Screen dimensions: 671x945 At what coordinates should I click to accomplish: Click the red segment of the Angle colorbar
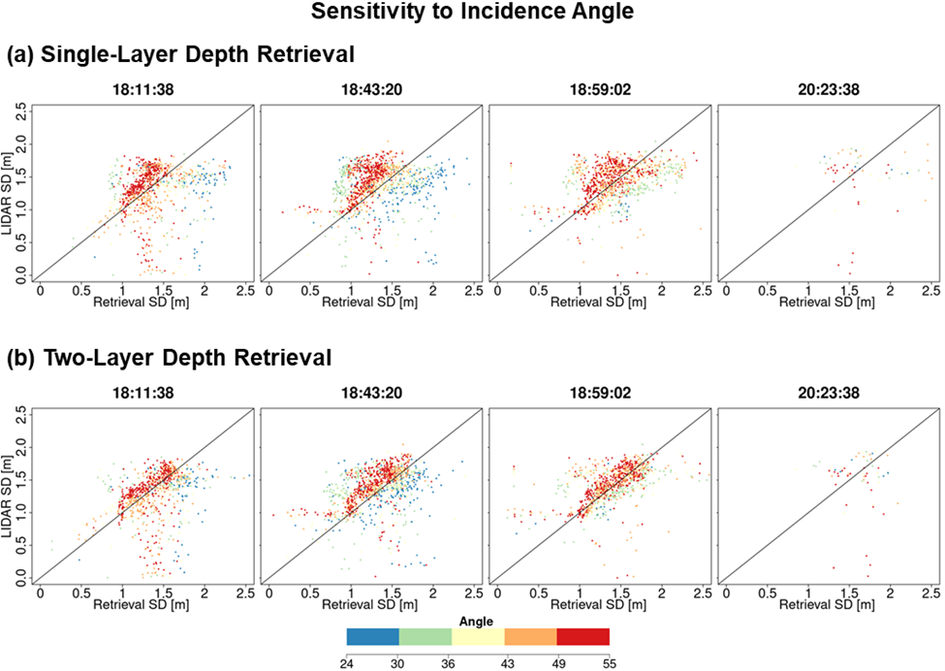(583, 636)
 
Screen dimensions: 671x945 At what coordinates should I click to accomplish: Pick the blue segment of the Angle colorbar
(373, 636)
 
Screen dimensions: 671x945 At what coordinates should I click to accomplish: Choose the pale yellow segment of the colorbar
(478, 636)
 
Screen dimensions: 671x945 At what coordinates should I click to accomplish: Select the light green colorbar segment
(425, 636)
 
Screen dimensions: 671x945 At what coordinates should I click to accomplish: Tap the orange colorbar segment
(531, 636)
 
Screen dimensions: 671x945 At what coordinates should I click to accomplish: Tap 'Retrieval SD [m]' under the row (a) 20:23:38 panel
(829, 303)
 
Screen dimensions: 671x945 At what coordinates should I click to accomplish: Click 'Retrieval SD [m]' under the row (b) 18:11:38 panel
(143, 605)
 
